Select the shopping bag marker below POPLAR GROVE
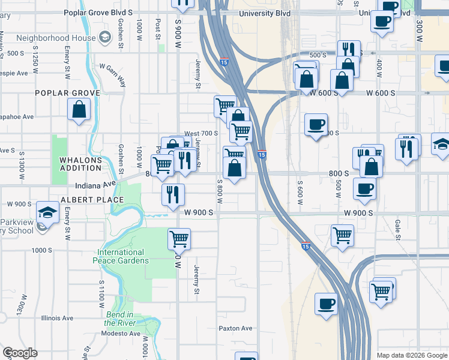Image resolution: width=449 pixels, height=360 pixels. (x=79, y=109)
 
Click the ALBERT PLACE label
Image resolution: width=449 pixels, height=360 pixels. (x=92, y=199)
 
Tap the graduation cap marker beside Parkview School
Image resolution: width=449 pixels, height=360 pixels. (x=47, y=212)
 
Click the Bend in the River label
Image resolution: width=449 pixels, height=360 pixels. (x=119, y=319)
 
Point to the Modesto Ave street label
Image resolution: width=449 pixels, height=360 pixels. (x=120, y=334)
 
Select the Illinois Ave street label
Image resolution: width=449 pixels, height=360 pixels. (x=57, y=318)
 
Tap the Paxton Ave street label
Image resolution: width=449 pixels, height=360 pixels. (x=235, y=328)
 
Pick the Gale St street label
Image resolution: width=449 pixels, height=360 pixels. (x=397, y=228)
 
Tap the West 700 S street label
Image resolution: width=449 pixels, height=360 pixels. (x=200, y=133)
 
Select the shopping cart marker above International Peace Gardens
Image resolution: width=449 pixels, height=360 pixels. (x=179, y=239)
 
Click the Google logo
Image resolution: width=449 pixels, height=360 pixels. (x=20, y=353)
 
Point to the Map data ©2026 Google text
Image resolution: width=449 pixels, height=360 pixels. (x=412, y=355)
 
